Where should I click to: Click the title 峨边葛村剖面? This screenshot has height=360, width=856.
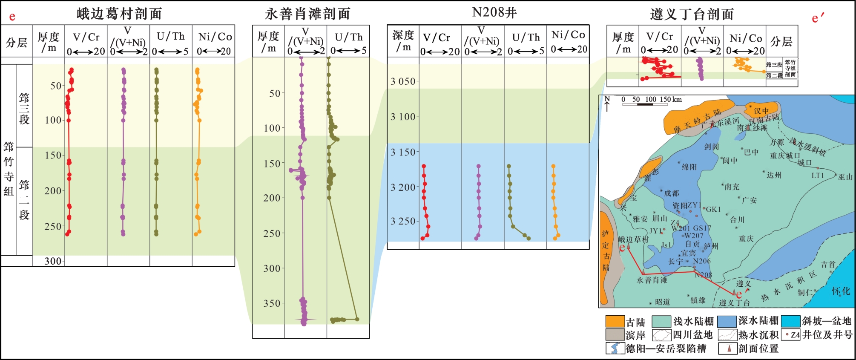119,14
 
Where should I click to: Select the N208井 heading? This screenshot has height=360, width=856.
494,12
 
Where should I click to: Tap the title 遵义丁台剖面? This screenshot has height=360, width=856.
692,14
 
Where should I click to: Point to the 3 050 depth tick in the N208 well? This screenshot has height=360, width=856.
402,81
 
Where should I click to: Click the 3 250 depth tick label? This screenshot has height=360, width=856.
402,221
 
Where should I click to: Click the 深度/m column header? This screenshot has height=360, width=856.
403,41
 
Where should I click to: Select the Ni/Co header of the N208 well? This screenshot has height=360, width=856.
569,41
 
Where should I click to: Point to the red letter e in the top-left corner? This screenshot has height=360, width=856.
12,17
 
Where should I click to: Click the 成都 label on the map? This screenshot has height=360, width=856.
671,193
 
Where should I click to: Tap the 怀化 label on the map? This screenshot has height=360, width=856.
841,291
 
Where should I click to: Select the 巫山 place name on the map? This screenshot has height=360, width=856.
845,177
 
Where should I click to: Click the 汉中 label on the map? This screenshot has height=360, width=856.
761,111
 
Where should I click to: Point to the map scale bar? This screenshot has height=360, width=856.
645,104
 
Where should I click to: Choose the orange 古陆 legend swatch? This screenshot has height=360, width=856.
615,321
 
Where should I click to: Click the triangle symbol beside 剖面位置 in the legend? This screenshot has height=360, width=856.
729,348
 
